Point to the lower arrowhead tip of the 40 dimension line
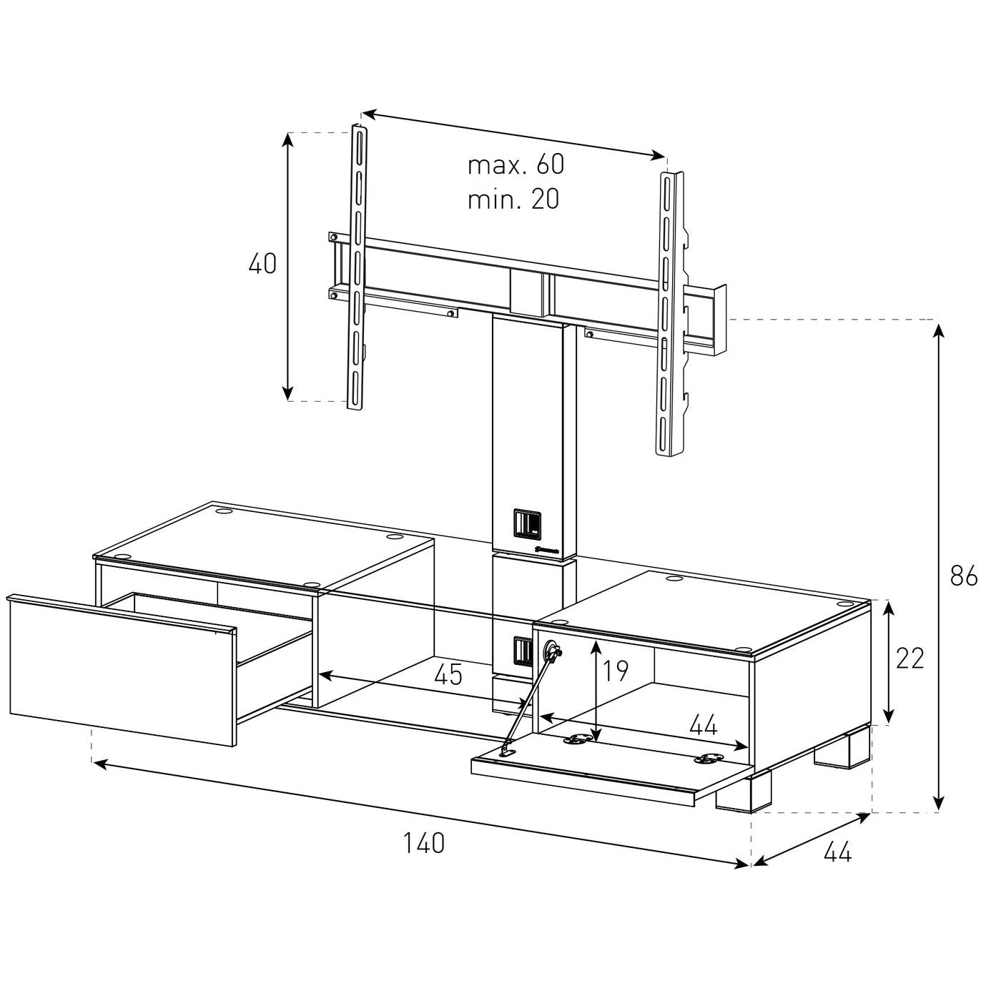(x=287, y=400)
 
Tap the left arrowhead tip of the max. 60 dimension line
(x=362, y=112)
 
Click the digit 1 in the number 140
(x=408, y=842)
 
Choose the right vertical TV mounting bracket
(x=671, y=314)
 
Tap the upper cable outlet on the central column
(x=527, y=522)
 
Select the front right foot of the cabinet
(x=744, y=794)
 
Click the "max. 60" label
(x=516, y=164)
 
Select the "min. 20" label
(x=513, y=199)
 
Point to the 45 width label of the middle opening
(x=448, y=674)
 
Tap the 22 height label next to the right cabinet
(x=909, y=659)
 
